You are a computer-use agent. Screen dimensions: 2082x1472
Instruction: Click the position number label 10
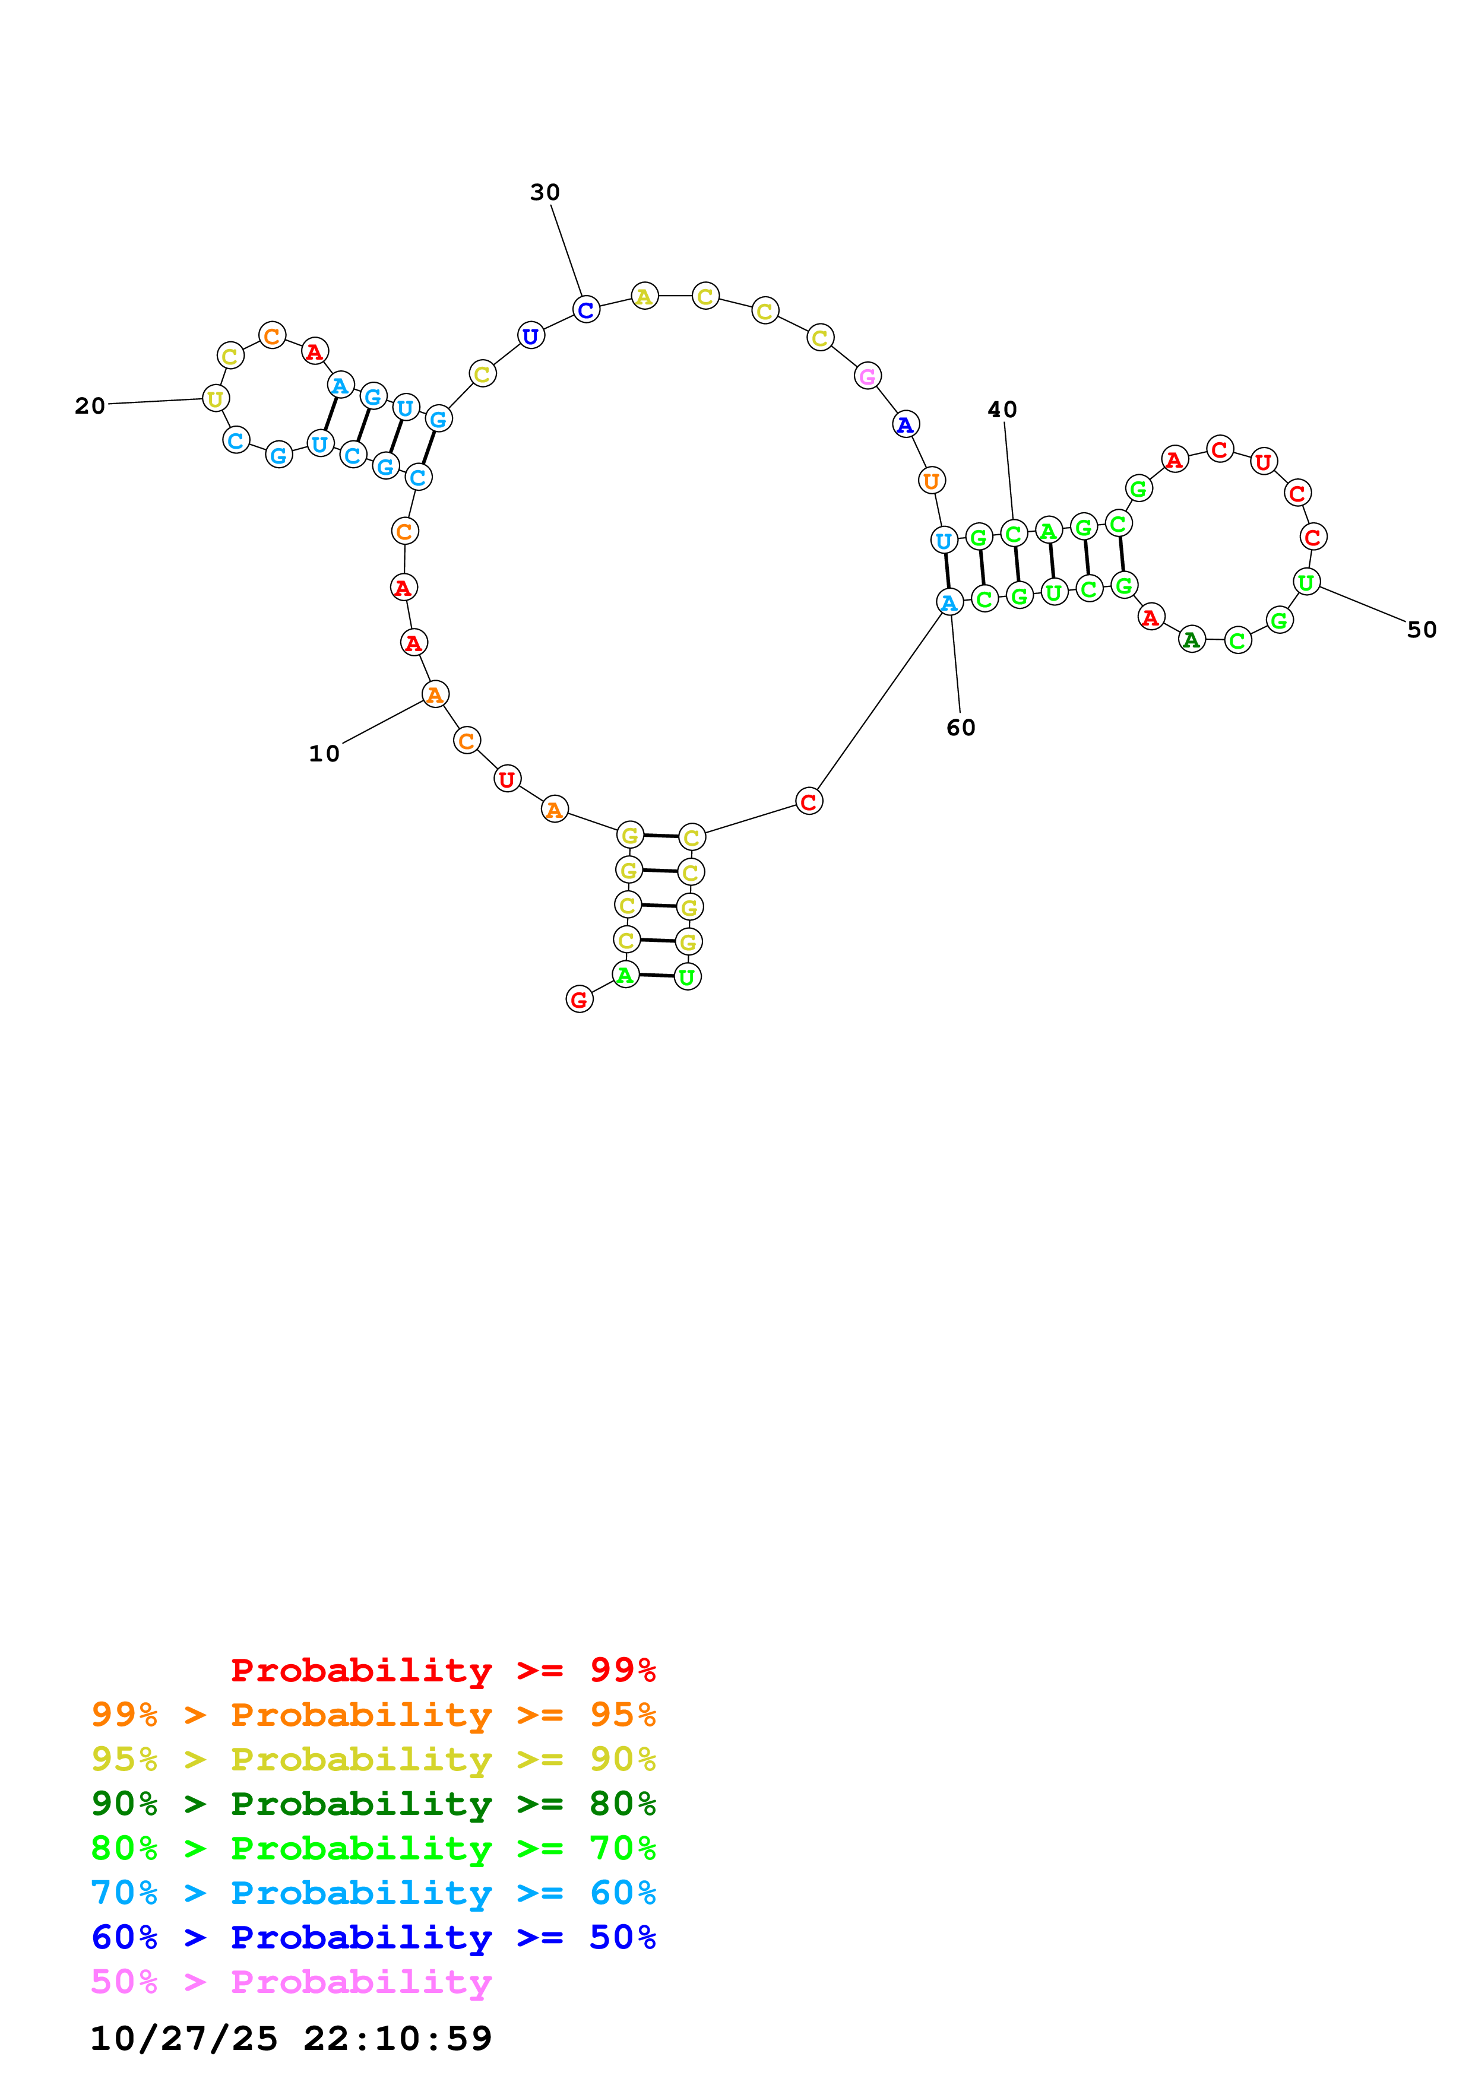pos(324,754)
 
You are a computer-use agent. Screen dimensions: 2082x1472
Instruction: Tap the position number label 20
pos(90,405)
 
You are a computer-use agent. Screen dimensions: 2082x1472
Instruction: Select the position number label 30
pos(545,192)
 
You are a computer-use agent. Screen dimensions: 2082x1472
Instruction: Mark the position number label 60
pos(961,727)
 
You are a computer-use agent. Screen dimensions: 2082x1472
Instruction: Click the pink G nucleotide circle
pos(867,376)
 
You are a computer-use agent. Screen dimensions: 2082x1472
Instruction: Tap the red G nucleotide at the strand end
pos(578,999)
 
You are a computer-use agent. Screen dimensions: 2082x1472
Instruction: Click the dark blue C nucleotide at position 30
pos(586,309)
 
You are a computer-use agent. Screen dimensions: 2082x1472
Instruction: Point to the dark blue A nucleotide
pos(905,424)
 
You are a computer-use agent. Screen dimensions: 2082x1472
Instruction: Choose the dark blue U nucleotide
pos(531,335)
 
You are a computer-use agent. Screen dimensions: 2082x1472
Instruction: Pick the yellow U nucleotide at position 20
pos(215,398)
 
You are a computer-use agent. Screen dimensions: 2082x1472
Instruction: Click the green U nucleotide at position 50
pos(1306,582)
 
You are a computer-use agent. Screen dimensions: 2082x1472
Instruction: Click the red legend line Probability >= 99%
pos(442,1670)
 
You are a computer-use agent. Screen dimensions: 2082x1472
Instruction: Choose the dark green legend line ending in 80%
pos(373,1804)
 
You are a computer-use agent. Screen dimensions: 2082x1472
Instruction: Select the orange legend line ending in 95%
pos(373,1715)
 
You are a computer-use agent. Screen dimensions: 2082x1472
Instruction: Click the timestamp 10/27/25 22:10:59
pos(290,2039)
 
